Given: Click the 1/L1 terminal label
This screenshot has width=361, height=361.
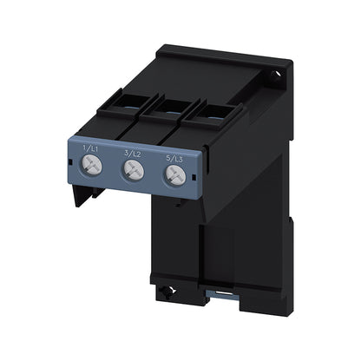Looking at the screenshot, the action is pos(89,149).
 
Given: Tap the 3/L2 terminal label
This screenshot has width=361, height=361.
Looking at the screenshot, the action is pos(133,154).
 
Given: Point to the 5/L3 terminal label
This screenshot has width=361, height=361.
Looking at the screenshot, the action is pos(174,159).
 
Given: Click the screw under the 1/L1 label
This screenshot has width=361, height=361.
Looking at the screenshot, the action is pos(92,165).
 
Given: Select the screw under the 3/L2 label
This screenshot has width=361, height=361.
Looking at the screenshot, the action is pos(134,170).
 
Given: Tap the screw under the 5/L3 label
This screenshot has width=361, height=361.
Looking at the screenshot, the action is pos(175,175).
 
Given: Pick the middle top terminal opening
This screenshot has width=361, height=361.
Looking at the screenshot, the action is pos(171,107).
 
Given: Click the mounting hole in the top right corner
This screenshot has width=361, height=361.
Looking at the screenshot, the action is pos(275,74).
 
